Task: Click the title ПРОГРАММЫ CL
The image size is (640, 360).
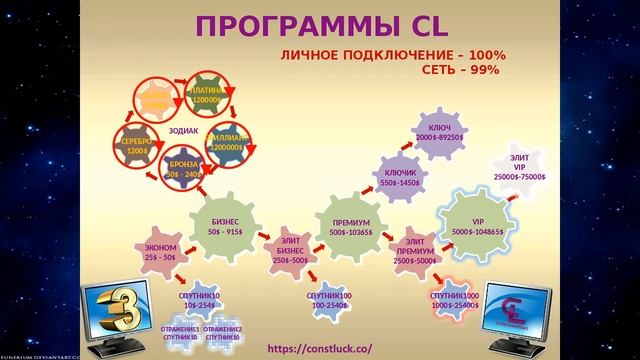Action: click(319, 24)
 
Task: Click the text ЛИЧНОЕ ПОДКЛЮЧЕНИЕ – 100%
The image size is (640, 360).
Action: click(392, 56)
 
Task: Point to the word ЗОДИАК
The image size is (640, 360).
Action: click(184, 130)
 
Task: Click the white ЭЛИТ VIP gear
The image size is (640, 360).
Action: click(519, 168)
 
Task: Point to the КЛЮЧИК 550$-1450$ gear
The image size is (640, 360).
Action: click(400, 178)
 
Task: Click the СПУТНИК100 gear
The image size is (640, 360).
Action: click(329, 301)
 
